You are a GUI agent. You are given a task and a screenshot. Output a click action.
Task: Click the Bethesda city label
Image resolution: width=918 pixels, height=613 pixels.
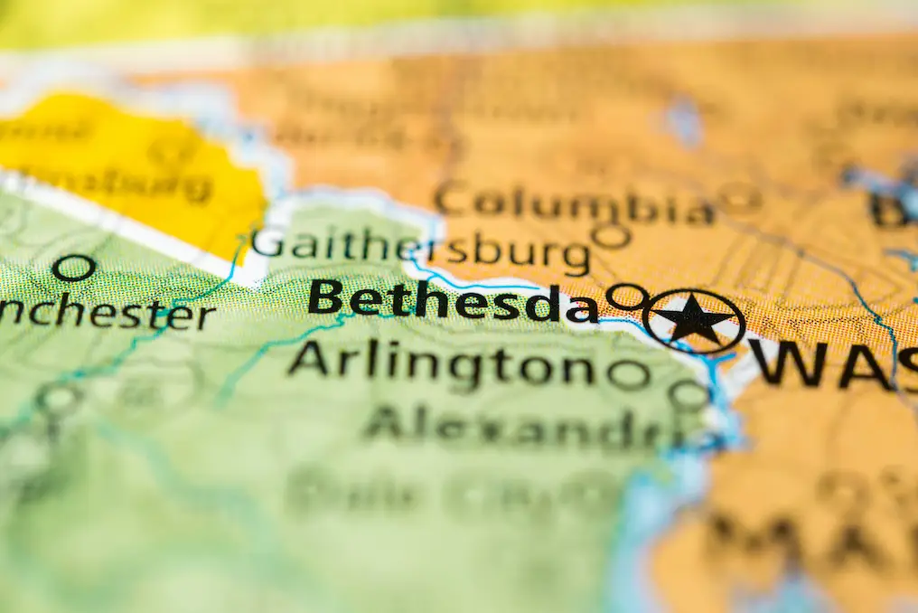click(452, 301)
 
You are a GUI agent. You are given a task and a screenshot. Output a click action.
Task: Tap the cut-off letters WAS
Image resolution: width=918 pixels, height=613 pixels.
click(831, 363)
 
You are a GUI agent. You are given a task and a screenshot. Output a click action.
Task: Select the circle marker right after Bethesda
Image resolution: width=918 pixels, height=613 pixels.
click(626, 296)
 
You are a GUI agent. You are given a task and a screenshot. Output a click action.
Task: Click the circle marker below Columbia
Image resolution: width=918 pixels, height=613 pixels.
click(612, 236)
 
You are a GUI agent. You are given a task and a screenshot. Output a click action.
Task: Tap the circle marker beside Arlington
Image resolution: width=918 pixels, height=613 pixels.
click(629, 373)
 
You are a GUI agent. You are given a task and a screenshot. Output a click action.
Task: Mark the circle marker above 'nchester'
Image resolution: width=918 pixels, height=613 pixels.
click(73, 268)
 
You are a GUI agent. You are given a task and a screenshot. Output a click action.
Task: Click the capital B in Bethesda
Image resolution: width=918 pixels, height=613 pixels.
click(325, 297)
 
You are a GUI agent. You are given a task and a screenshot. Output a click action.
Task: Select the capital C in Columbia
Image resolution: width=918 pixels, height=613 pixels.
click(451, 199)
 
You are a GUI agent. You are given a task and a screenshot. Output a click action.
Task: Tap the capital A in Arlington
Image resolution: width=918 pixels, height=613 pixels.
click(308, 359)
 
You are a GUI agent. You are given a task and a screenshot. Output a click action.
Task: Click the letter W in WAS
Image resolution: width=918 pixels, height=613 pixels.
click(786, 363)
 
